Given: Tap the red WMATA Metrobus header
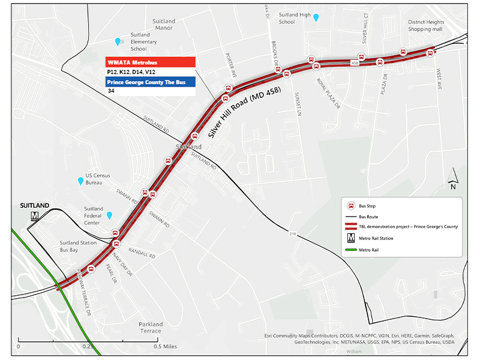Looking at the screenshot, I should pyautogui.click(x=151, y=62).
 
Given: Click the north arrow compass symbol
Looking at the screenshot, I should pyautogui.click(x=454, y=178).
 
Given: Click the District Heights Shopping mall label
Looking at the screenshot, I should pyautogui.click(x=421, y=25).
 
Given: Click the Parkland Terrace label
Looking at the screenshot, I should pyautogui.click(x=150, y=328).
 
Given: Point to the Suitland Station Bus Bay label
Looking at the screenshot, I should pyautogui.click(x=78, y=246).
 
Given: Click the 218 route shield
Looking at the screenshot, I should pyautogui.click(x=292, y=233).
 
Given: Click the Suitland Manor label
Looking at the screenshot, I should pyautogui.click(x=163, y=25).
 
